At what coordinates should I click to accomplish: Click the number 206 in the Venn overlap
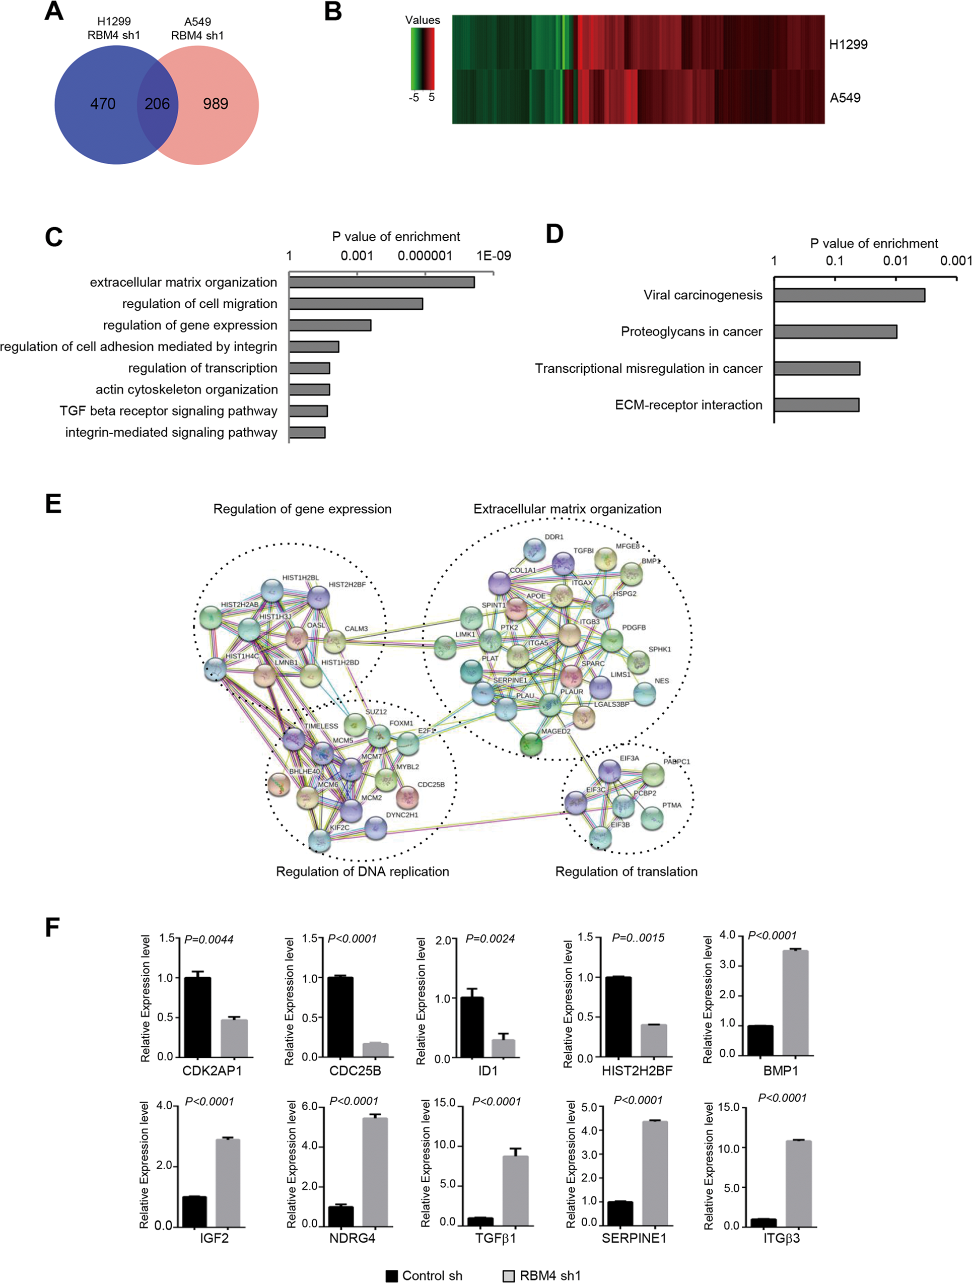pos(157,104)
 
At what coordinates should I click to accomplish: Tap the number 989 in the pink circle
pos(215,104)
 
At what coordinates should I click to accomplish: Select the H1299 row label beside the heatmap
pos(848,45)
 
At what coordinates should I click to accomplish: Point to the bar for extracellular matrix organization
pos(382,283)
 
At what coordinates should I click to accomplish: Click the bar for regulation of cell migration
pos(356,304)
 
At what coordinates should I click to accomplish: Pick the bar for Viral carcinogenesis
pos(849,295)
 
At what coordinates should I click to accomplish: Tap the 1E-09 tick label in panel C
pos(494,256)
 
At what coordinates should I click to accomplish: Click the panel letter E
pos(53,503)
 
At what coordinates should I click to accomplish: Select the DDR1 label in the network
pos(554,537)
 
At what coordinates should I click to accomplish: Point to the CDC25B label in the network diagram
pos(431,785)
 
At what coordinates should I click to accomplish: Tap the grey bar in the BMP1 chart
pos(795,1003)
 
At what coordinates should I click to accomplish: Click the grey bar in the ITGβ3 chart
pos(799,1183)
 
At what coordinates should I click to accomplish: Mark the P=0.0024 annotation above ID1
pos(490,939)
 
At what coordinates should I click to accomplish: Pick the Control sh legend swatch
pos(392,1276)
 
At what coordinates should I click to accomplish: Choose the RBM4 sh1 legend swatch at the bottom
pos(508,1276)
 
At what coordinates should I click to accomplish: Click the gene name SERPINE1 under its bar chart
pos(634,1238)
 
